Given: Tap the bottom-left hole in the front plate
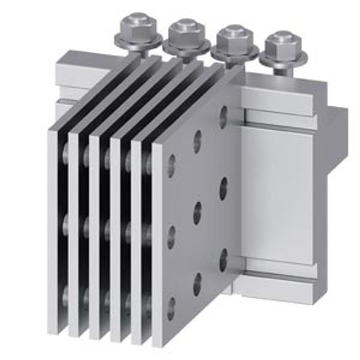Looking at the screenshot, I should (172, 305).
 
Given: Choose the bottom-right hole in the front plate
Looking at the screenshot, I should (223, 259).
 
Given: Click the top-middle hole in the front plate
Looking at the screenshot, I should (197, 142).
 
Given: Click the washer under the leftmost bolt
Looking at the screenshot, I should (139, 41).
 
